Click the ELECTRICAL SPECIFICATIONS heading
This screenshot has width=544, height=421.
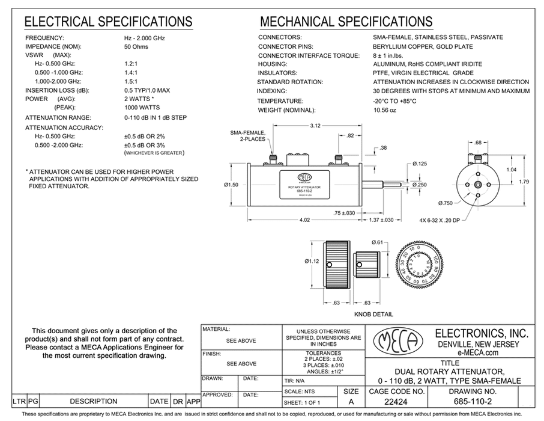tap(107, 22)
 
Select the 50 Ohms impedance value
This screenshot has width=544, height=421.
tap(136, 46)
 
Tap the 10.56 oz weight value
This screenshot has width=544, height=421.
tap(385, 110)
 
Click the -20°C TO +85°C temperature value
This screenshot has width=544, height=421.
tap(394, 100)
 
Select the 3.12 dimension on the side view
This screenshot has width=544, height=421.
tap(315, 126)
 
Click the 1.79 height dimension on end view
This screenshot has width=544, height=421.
tap(522, 181)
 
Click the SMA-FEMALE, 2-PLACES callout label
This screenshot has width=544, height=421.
tap(247, 135)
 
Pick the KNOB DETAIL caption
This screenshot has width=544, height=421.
tap(373, 314)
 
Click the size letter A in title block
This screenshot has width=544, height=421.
tap(351, 401)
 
